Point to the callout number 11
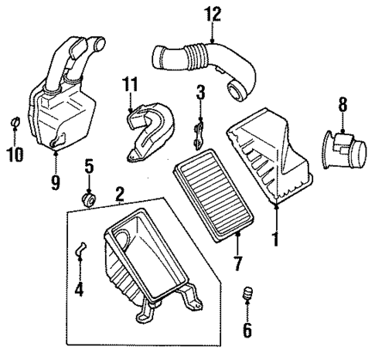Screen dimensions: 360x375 pos(131,83)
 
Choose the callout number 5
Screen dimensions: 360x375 pos(89,165)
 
